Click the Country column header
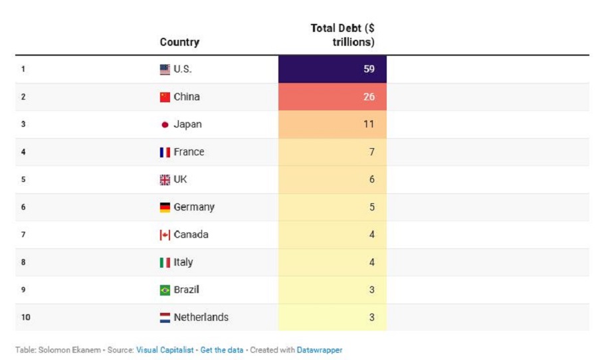point(179,42)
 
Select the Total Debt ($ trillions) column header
point(343,35)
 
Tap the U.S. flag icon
point(165,69)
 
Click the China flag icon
point(165,97)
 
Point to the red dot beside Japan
point(165,125)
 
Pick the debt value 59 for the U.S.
point(369,69)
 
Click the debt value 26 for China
point(369,97)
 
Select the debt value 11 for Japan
point(369,124)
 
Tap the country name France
point(189,152)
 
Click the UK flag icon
point(165,180)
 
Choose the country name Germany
point(194,207)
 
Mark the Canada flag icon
point(165,235)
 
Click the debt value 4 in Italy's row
point(372,262)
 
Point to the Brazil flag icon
point(165,290)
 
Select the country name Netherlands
point(201,317)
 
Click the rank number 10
point(25,317)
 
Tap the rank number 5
point(23,180)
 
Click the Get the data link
point(222,350)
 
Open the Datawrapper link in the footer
point(320,350)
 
